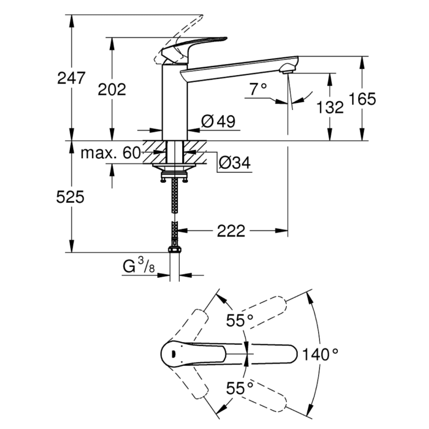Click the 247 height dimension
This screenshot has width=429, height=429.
pyautogui.click(x=71, y=78)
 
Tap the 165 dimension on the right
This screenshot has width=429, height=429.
pyautogui.click(x=362, y=99)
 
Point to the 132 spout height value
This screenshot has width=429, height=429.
pyautogui.click(x=330, y=107)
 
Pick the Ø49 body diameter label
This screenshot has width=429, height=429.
pyautogui.click(x=218, y=122)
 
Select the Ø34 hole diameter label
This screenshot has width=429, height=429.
pyautogui.click(x=235, y=161)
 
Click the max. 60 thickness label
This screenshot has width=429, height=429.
pyautogui.click(x=110, y=153)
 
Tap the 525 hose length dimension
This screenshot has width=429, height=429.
pyautogui.click(x=71, y=197)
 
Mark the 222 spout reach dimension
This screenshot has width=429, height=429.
pyautogui.click(x=231, y=231)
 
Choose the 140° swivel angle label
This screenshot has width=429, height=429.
pyautogui.click(x=320, y=354)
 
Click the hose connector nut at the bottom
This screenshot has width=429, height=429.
pyautogui.click(x=174, y=249)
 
